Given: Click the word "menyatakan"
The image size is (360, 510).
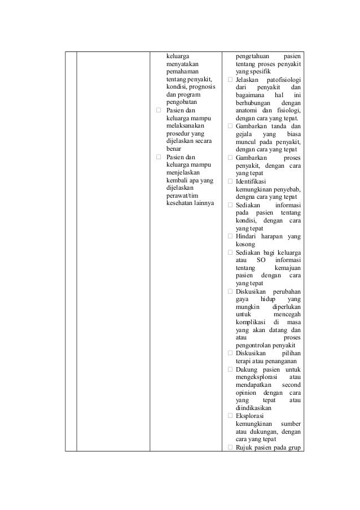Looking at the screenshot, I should tap(179, 66).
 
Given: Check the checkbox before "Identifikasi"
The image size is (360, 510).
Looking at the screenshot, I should tap(230, 181).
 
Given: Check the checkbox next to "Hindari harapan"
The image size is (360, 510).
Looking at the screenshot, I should tap(230, 236).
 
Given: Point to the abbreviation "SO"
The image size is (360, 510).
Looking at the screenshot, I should tap(261, 260).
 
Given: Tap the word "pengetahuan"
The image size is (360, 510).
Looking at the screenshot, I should tap(256, 56).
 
